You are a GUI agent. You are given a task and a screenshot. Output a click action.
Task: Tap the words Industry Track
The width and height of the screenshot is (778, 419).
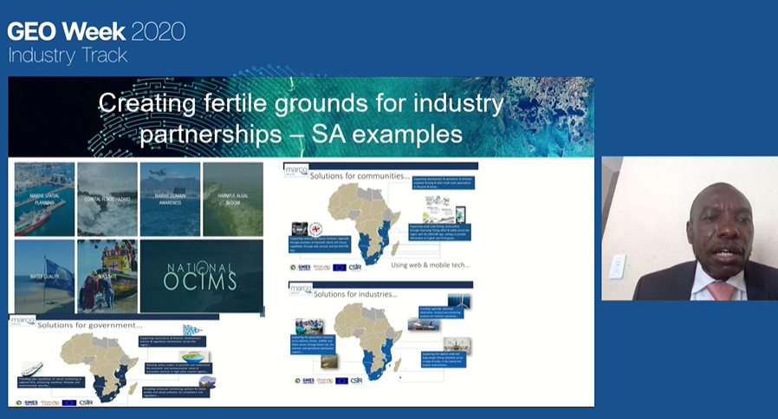[68, 56]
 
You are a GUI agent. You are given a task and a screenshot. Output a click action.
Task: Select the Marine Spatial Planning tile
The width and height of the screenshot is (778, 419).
[44, 199]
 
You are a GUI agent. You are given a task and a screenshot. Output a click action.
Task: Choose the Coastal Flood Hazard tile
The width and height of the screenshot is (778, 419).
[107, 199]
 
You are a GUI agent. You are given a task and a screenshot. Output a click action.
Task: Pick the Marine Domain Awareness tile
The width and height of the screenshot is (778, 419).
[170, 199]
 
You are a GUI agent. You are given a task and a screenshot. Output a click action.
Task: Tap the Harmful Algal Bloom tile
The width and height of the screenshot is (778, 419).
[232, 199]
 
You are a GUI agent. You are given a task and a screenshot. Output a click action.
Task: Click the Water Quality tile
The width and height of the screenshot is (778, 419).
[44, 276]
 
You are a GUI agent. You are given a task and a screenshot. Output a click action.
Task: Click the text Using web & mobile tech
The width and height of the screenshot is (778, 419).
[431, 265]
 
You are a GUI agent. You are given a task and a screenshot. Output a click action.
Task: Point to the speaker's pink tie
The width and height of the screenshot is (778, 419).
[720, 290]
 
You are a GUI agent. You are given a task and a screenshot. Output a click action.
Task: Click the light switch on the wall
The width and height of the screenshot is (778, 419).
[617, 266]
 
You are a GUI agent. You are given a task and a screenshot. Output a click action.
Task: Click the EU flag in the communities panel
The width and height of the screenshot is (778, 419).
[340, 267]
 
